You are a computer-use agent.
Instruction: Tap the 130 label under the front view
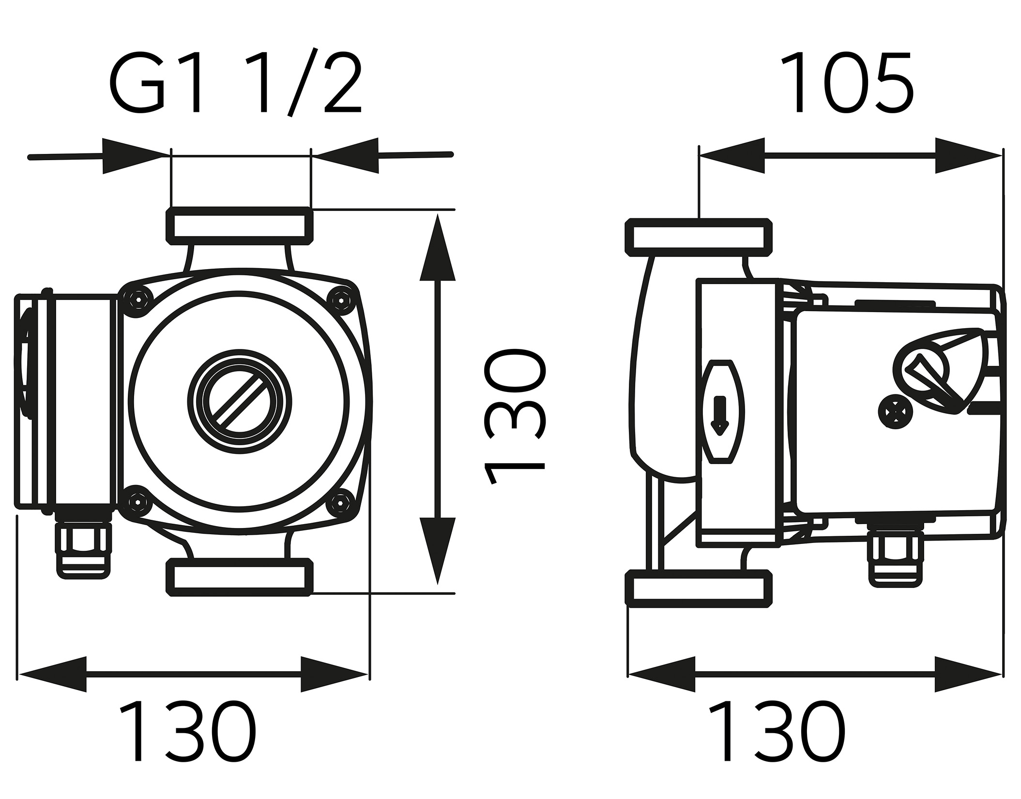tap(188, 738)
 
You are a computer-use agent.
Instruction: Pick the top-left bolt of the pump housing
tap(138, 301)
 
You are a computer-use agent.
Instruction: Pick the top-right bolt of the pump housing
tap(343, 301)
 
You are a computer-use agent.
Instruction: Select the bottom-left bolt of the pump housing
tap(138, 503)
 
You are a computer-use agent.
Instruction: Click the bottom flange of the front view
tap(239, 577)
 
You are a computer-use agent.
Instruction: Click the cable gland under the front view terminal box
tap(83, 552)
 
